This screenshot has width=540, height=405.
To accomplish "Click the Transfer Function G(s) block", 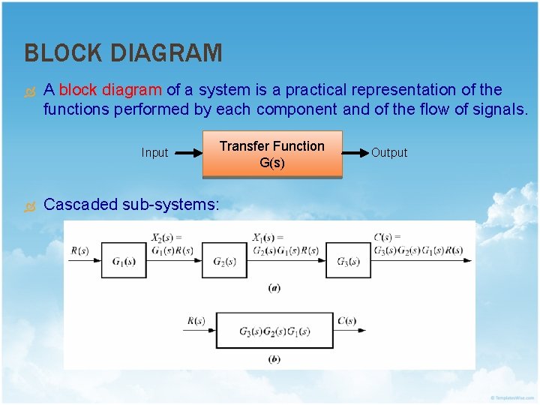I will click(x=271, y=154).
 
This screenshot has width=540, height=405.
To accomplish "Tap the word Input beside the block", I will click(x=154, y=153).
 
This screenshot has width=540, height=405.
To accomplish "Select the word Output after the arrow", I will click(x=389, y=153).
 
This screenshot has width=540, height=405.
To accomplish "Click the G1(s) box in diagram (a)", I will click(x=124, y=261).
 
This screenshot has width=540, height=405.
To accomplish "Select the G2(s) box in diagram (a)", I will click(x=225, y=261).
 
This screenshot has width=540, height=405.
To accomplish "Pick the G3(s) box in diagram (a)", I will click(x=349, y=261).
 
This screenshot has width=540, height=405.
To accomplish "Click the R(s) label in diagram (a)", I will click(x=79, y=250).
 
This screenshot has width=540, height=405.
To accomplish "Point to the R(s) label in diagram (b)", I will click(x=196, y=321).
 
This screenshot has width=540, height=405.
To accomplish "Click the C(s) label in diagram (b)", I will click(x=346, y=321).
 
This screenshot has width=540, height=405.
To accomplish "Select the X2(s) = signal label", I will click(x=166, y=238).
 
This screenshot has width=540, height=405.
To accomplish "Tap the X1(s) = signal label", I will click(x=268, y=238).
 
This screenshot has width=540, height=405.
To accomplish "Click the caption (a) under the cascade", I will click(x=274, y=288).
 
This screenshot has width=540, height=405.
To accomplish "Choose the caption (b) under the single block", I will click(x=274, y=359).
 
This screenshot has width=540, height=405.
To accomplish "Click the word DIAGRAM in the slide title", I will click(x=167, y=53).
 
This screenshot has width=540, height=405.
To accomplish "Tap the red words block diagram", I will click(x=110, y=90).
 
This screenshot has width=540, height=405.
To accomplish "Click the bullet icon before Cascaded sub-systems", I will click(x=30, y=205).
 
